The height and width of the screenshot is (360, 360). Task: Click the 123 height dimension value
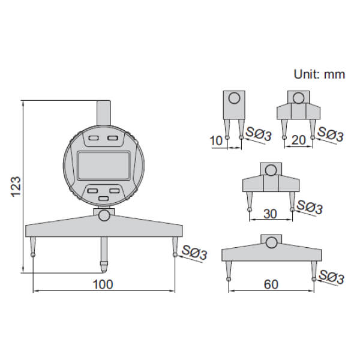[x=17, y=187]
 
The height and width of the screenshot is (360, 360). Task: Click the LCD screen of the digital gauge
[x=104, y=165]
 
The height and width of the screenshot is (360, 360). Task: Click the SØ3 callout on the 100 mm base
[x=194, y=253]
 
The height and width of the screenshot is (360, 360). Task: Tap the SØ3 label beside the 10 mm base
[x=258, y=135]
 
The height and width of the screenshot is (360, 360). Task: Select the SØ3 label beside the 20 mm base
[x=331, y=135]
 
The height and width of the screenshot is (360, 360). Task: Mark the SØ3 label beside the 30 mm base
[x=310, y=208]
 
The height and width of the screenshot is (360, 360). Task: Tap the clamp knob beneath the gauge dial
[x=104, y=215]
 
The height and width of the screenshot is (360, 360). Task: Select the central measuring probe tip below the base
[x=104, y=263]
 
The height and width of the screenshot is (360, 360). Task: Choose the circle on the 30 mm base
[x=271, y=169]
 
